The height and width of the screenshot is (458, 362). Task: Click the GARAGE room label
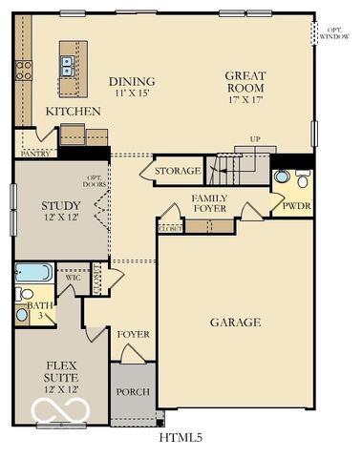(235, 323)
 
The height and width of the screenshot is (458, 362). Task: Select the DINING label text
(132, 81)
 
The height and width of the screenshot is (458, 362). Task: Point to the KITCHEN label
(74, 112)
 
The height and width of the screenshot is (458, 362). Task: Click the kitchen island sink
(68, 65)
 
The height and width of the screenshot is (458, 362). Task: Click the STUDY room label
(59, 205)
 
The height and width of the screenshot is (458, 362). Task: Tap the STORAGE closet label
(179, 172)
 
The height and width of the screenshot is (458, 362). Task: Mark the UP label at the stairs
(255, 139)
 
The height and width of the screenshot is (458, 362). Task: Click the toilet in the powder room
(302, 179)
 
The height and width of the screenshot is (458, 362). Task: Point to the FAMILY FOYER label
(208, 203)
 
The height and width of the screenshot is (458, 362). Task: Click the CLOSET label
(170, 229)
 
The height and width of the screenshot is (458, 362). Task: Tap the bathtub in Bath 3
(32, 273)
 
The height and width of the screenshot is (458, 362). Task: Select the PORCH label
(133, 392)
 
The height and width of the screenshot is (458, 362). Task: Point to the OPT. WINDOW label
(332, 32)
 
